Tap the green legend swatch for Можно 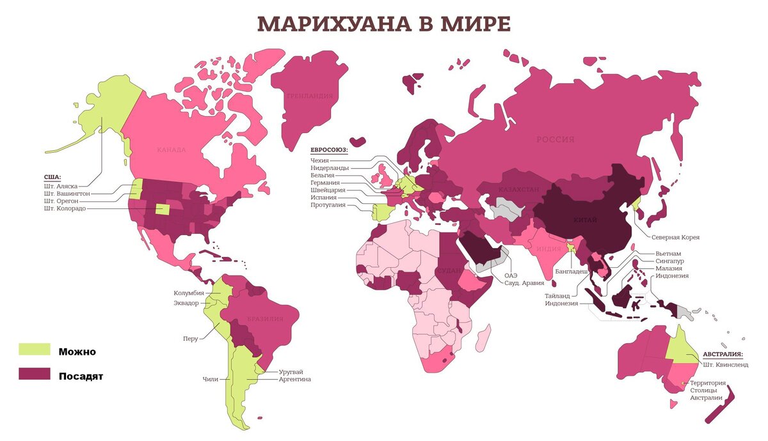click(x=34, y=350)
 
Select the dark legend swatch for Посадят click(x=34, y=375)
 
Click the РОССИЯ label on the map click(x=555, y=139)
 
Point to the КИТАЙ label click(x=585, y=220)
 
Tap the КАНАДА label click(x=171, y=150)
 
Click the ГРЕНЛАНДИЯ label click(x=310, y=96)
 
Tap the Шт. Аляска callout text click(x=62, y=185)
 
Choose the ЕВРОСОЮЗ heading click(x=329, y=150)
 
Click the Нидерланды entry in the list click(x=330, y=167)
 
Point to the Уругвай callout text click(x=291, y=371)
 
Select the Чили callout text click(x=210, y=379)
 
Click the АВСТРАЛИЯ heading click(x=723, y=354)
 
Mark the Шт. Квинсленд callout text click(x=725, y=365)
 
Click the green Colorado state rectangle click(x=164, y=209)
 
